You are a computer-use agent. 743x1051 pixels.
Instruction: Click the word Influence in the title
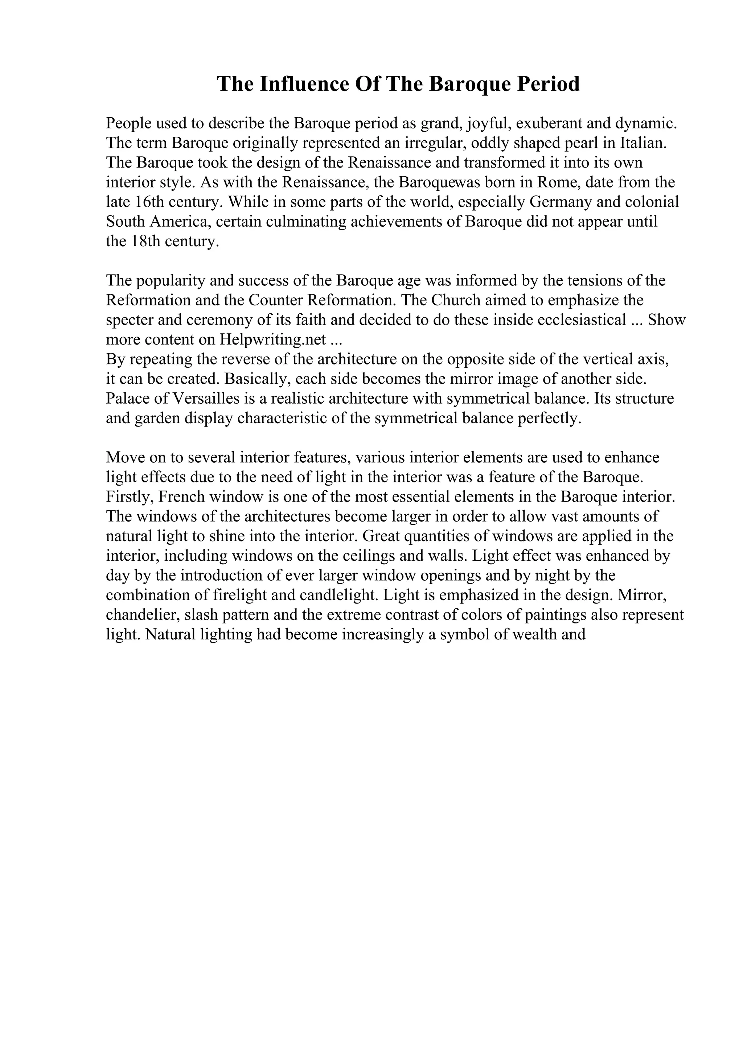pos(304,84)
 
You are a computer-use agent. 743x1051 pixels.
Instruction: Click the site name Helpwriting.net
pos(273,340)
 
